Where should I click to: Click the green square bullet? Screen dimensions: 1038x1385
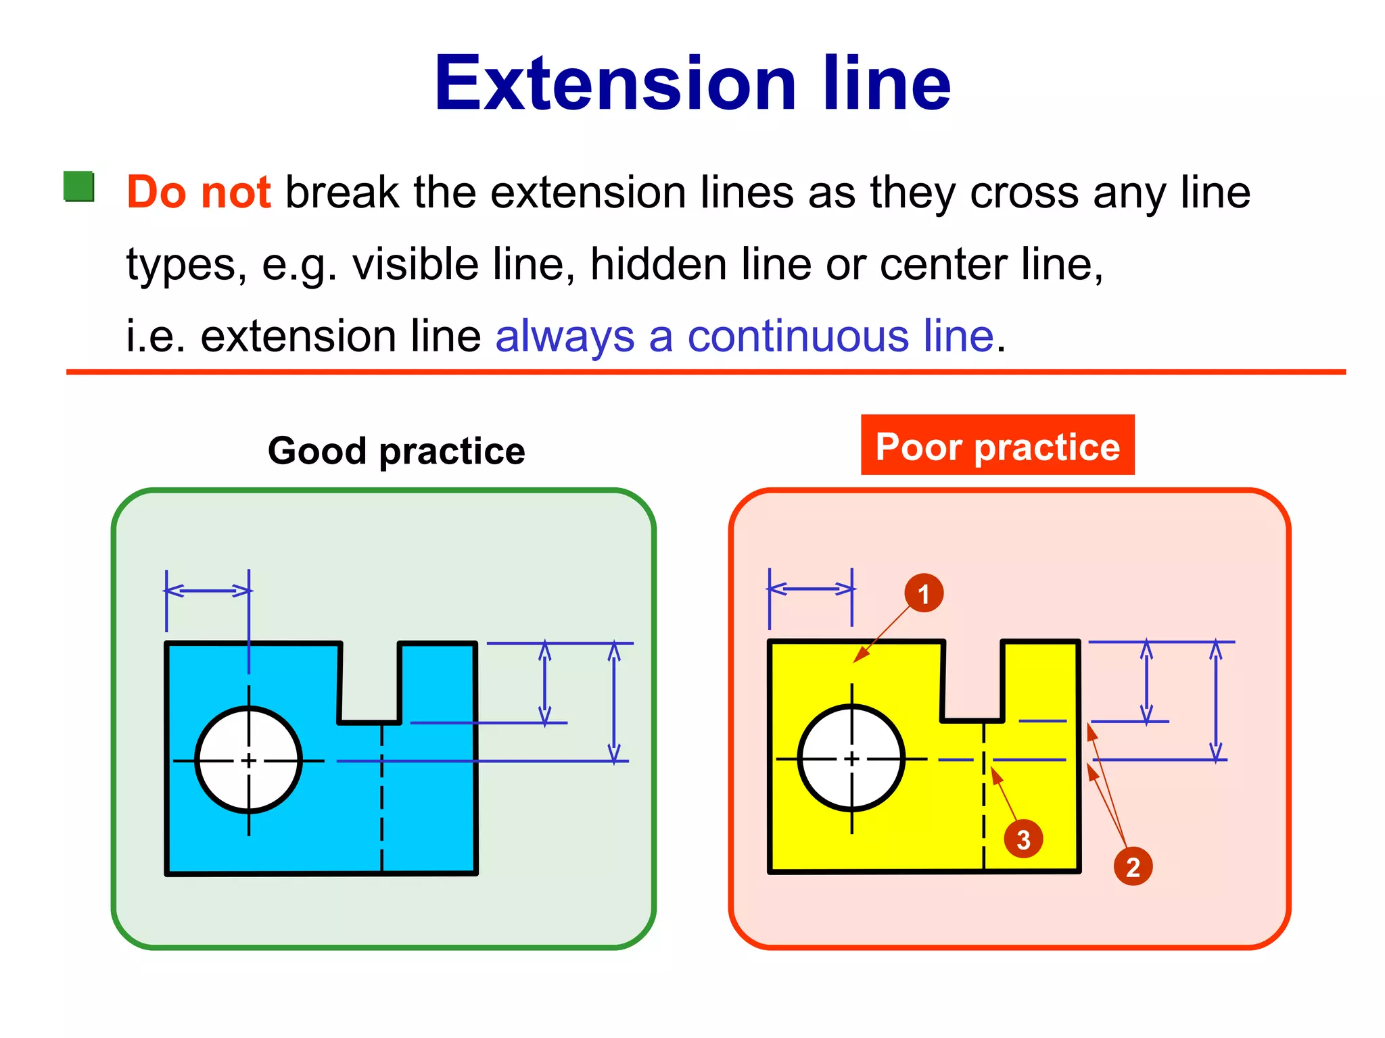(78, 187)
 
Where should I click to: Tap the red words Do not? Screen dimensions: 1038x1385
(199, 192)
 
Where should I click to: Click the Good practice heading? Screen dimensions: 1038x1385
(396, 451)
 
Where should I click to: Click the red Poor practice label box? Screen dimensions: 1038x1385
(997, 446)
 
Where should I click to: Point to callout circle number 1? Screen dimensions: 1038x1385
(924, 593)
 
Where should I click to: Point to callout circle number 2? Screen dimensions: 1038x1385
(1133, 866)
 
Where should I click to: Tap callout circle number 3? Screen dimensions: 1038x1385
(1023, 839)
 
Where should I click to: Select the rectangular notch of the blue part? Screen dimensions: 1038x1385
(370, 683)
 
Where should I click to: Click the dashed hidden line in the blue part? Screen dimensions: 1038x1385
(382, 811)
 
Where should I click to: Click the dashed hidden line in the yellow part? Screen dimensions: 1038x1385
(984, 818)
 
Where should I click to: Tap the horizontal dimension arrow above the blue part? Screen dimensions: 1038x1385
(208, 591)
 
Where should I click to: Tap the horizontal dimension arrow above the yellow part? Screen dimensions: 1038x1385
(810, 589)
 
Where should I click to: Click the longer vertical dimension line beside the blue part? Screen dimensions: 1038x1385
(614, 703)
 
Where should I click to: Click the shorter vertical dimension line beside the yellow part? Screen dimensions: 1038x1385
(1146, 681)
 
